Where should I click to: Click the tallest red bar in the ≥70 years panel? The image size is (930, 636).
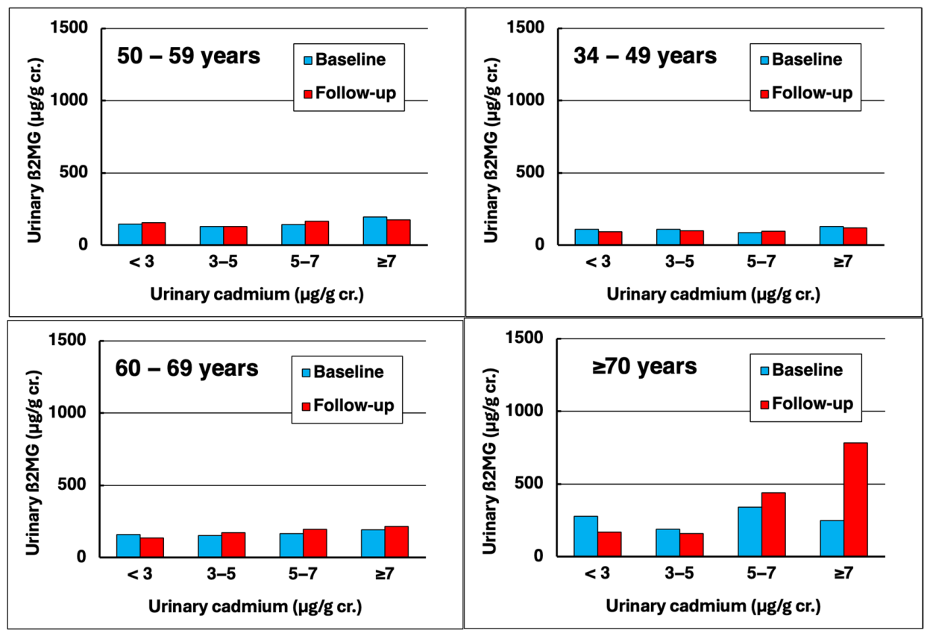(855, 500)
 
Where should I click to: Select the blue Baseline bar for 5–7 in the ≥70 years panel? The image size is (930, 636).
(750, 532)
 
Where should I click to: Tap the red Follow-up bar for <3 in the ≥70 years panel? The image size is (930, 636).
(609, 544)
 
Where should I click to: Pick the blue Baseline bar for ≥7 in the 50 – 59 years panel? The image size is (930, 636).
(375, 231)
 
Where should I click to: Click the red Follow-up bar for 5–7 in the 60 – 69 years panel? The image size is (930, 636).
(315, 543)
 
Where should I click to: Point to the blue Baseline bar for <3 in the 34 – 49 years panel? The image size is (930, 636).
(587, 237)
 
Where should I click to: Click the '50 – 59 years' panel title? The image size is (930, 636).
(189, 56)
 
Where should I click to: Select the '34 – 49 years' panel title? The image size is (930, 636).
(645, 56)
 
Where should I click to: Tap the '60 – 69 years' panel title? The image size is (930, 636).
(187, 368)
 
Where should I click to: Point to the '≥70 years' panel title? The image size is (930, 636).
(644, 367)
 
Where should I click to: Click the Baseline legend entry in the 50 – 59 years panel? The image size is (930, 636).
(345, 60)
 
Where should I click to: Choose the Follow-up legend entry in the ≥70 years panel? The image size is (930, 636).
(807, 404)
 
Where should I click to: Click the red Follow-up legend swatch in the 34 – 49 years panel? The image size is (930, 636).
(764, 94)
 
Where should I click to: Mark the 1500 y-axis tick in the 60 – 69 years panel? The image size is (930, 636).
(67, 340)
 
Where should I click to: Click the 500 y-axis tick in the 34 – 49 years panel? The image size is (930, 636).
(530, 172)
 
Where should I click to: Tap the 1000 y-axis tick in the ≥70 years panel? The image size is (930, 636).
(525, 411)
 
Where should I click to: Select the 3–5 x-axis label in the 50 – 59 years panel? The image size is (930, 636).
(223, 262)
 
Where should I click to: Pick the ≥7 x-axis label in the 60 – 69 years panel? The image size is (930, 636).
(385, 574)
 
